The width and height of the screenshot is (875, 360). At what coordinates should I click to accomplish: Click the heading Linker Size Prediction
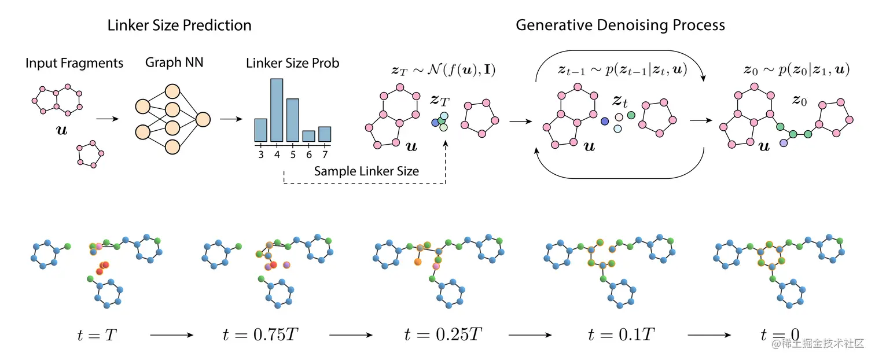point(179,25)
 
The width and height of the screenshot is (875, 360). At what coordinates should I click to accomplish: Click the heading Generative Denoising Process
point(620,25)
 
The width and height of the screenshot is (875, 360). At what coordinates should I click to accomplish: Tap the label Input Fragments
point(74,63)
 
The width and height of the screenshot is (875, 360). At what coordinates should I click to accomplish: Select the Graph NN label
point(174,62)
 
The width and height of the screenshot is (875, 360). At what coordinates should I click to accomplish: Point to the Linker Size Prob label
point(292,63)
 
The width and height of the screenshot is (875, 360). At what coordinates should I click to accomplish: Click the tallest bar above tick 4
point(277,110)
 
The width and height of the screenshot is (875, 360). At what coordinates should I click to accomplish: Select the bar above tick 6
point(309,136)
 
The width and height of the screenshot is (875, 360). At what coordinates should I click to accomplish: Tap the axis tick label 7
point(325,155)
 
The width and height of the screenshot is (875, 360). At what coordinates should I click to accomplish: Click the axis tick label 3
point(261,155)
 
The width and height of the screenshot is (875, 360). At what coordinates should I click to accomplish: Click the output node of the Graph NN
point(203,120)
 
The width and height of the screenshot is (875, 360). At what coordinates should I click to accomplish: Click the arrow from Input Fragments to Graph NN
point(108,119)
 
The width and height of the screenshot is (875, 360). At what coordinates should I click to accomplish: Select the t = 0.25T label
point(443,335)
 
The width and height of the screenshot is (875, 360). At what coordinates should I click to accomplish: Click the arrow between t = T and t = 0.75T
point(172,335)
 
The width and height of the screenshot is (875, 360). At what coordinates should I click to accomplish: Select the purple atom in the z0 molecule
point(784,142)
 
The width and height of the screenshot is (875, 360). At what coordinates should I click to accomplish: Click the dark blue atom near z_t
point(605,122)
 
